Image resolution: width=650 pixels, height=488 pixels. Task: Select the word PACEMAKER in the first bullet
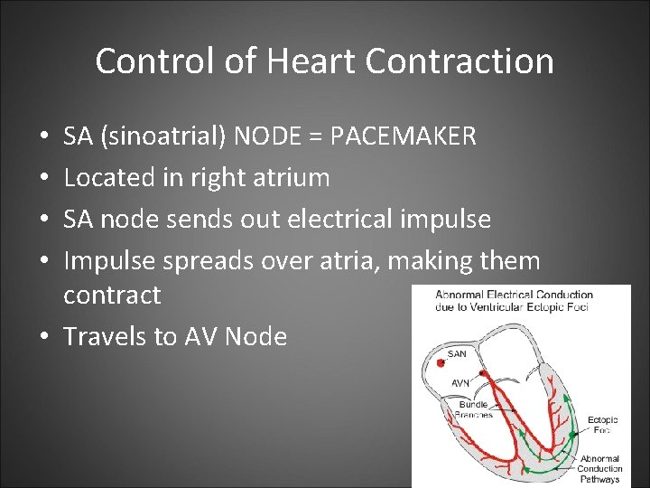tap(404, 136)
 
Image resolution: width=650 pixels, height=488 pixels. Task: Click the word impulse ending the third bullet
tap(446, 220)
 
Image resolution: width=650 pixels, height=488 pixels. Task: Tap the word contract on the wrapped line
tap(112, 296)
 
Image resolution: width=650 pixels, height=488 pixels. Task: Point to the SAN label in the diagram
tap(458, 353)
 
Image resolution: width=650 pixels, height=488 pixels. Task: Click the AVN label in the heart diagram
tap(460, 383)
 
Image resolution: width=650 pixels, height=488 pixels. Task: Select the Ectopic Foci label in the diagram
tap(602, 424)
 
